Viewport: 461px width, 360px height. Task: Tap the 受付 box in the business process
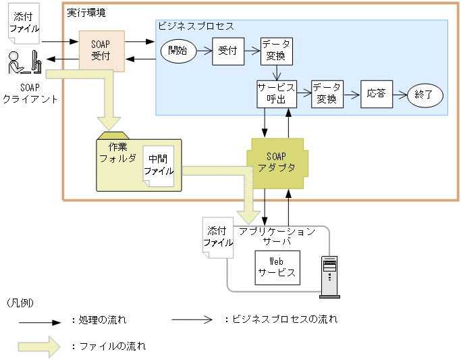[x=227, y=51]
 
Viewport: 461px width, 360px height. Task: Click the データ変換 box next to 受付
[x=277, y=51]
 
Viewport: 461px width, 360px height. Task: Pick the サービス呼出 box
[x=276, y=94]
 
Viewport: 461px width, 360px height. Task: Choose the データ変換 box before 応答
[x=327, y=94]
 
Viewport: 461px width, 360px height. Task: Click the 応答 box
[x=376, y=94]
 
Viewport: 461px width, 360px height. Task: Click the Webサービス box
[x=277, y=267]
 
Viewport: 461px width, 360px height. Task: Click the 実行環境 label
[x=86, y=12]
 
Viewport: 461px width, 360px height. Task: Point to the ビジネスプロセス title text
[x=196, y=26]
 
